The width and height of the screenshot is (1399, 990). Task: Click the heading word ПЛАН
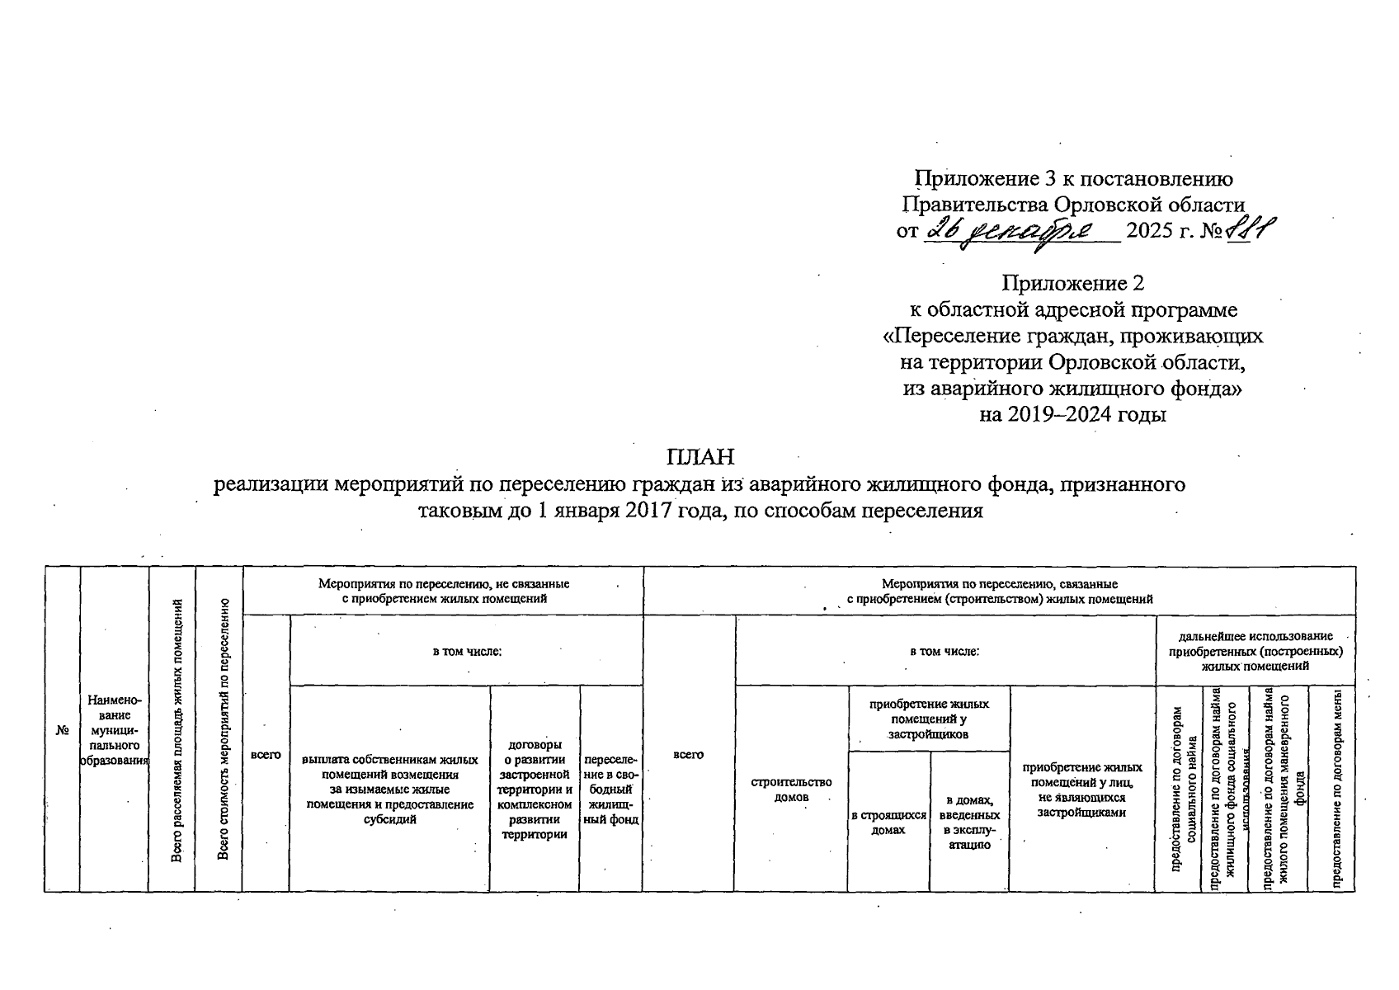699,456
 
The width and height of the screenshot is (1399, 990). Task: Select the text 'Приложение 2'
1072,284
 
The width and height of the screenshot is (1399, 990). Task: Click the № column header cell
62,730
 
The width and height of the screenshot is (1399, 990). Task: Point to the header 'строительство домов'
791,790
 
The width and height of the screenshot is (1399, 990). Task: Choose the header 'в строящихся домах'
888,823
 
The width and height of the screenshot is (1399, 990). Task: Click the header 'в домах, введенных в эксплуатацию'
969,822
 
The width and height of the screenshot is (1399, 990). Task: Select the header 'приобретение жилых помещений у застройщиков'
928,719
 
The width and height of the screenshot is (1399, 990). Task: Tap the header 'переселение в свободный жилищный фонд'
611,790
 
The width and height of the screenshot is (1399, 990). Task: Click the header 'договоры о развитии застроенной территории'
535,790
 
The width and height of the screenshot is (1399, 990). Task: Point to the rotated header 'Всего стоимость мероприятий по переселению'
223,730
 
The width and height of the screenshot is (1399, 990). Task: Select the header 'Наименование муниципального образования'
114,730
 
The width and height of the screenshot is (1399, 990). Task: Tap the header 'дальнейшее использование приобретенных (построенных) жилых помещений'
1255,651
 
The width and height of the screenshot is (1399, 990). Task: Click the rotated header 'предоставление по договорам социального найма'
1183,789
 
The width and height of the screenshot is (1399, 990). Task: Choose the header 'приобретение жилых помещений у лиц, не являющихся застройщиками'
1081,790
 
